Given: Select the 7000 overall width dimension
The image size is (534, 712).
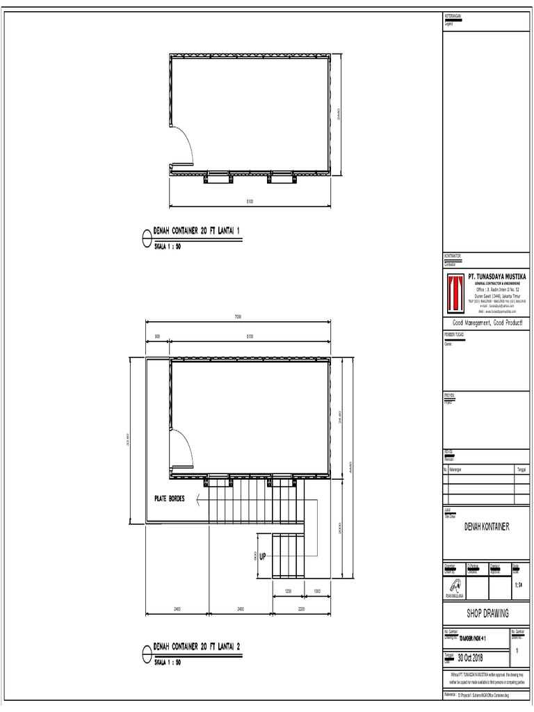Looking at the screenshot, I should click(x=238, y=317).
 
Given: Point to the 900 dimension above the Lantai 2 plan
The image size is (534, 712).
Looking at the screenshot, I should click(x=157, y=337).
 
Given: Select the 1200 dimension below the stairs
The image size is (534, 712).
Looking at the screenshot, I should click(x=287, y=592).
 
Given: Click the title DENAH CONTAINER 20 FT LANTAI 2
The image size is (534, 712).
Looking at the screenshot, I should click(x=197, y=647).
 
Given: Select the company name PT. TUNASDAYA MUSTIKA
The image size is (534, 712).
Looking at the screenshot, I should click(x=496, y=277).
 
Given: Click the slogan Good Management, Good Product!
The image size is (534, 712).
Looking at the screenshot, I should click(x=487, y=325).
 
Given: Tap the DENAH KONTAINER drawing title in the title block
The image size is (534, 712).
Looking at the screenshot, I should click(x=487, y=527).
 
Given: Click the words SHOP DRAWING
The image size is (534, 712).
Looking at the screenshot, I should click(x=487, y=613).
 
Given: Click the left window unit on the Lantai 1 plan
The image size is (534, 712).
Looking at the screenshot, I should click(x=216, y=179).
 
